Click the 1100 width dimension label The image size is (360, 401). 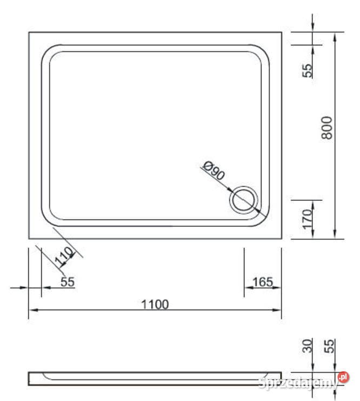click(x=155, y=304)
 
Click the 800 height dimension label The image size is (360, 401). click(x=327, y=128)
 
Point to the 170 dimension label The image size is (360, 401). click(x=308, y=219)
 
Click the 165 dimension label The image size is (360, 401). click(x=262, y=281)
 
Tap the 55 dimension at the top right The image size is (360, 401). click(x=308, y=70)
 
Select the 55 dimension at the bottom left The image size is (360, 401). click(x=67, y=281)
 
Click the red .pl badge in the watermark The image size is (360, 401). click(x=343, y=377)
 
